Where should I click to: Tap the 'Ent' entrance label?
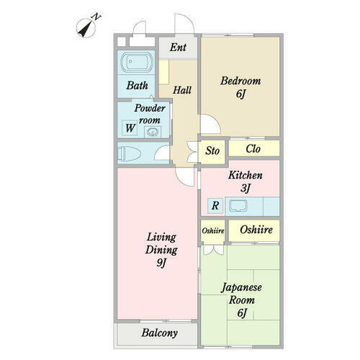point(179,48)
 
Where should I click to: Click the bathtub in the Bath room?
point(135,65)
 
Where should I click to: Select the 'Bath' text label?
point(138,86)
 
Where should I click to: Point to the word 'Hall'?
point(182,90)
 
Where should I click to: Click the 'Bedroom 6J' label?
point(240,86)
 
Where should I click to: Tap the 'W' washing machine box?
point(130,128)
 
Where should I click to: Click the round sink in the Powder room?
point(152,131)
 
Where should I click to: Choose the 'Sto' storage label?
point(212,150)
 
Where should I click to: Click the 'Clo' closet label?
point(253,150)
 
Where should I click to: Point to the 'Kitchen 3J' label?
point(245,181)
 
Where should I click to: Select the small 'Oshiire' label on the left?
point(212,230)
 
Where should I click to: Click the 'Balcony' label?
point(159,333)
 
